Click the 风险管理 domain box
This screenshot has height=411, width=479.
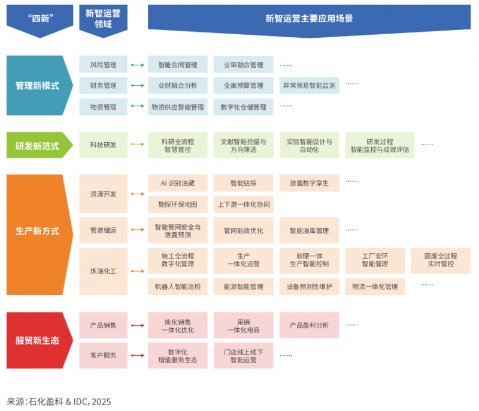pos(103,65)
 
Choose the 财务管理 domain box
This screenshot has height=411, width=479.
pos(103,86)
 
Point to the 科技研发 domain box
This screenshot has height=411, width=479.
pos(103,145)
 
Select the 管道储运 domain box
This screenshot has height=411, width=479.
pos(103,230)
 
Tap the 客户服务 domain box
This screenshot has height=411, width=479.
pos(103,355)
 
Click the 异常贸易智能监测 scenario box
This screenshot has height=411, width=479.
pos(309,86)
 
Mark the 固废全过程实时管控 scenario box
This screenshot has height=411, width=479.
pos(440,260)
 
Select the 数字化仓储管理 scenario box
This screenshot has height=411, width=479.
pos(243,107)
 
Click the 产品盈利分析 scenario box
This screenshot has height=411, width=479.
pos(309,325)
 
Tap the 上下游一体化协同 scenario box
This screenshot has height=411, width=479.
pos(243,205)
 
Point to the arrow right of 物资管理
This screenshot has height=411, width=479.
pos(138,107)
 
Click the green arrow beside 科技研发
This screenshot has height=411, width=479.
pos(138,145)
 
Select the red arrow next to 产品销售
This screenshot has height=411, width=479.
pos(138,325)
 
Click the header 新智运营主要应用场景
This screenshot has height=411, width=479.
pos(309,18)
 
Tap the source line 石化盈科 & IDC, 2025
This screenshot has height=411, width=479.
pos(59,401)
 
